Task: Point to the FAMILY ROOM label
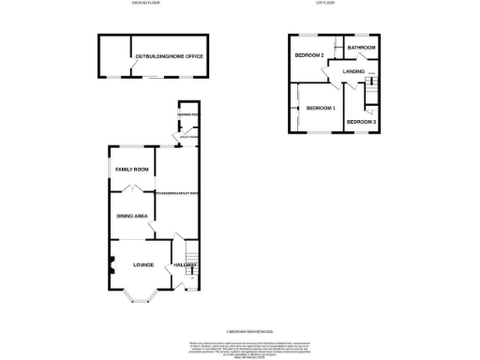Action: click(x=132, y=169)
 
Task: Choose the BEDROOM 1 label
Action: click(x=320, y=109)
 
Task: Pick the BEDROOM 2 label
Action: click(x=308, y=55)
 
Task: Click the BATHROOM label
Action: click(x=361, y=47)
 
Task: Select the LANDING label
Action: click(x=353, y=70)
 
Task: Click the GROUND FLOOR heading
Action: click(x=147, y=5)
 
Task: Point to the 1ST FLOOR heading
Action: click(x=326, y=5)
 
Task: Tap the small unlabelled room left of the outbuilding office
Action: click(x=115, y=58)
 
